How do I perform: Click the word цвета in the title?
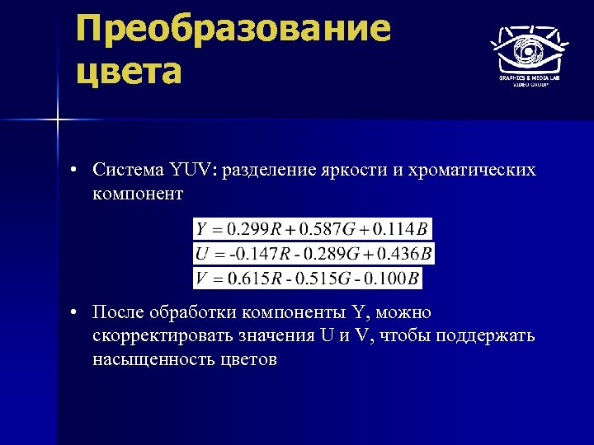click(128, 72)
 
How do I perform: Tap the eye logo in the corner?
click(529, 49)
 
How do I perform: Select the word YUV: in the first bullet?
click(192, 171)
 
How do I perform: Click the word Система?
click(128, 171)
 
